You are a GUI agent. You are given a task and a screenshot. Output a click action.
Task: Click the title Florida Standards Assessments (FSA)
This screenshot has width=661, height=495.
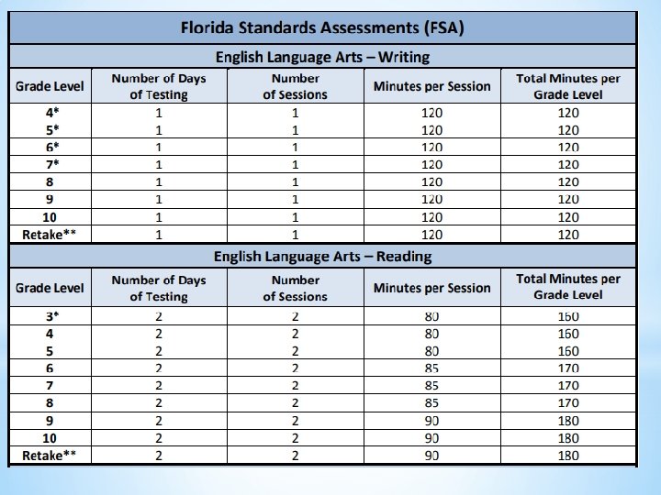click(x=322, y=27)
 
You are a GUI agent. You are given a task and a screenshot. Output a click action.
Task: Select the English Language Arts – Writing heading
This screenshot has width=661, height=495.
click(x=322, y=57)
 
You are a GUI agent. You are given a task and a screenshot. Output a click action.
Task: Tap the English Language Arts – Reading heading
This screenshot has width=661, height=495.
click(x=322, y=256)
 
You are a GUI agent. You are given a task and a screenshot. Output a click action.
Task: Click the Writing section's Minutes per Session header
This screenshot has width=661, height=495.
click(x=431, y=86)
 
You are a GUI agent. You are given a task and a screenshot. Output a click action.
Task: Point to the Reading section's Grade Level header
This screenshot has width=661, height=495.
click(x=50, y=288)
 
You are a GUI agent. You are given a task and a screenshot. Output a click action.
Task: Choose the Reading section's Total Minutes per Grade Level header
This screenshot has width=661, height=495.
click(x=568, y=287)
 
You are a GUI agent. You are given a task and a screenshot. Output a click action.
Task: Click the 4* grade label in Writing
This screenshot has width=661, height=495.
click(x=50, y=112)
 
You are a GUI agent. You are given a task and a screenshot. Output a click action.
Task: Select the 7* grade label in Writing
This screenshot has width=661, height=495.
click(x=50, y=164)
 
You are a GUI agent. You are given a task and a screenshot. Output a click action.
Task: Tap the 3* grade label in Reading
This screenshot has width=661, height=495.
click(x=50, y=316)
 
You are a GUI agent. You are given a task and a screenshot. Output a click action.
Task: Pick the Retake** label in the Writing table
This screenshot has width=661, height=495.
click(x=50, y=235)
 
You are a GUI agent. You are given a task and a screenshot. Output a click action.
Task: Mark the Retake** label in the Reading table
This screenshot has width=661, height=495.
click(x=50, y=456)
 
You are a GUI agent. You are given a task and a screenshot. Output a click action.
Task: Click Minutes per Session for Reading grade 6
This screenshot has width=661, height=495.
click(x=431, y=368)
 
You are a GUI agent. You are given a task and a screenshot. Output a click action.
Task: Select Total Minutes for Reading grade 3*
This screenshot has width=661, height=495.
click(x=568, y=316)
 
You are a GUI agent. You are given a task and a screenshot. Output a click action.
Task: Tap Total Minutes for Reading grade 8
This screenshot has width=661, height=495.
click(x=568, y=403)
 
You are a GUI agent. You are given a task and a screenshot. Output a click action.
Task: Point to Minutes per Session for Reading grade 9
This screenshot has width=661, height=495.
click(x=431, y=421)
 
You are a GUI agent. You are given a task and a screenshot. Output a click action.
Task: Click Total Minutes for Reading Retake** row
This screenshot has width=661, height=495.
click(x=568, y=456)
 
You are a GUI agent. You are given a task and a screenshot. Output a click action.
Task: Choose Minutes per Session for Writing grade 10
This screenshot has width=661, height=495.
click(x=431, y=217)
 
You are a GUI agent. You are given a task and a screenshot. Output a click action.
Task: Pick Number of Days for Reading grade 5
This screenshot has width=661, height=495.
click(x=159, y=351)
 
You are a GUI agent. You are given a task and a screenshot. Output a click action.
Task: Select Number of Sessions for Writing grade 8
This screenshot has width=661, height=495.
click(x=295, y=181)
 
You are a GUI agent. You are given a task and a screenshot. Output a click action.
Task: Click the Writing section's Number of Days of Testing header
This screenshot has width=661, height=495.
click(x=159, y=86)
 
